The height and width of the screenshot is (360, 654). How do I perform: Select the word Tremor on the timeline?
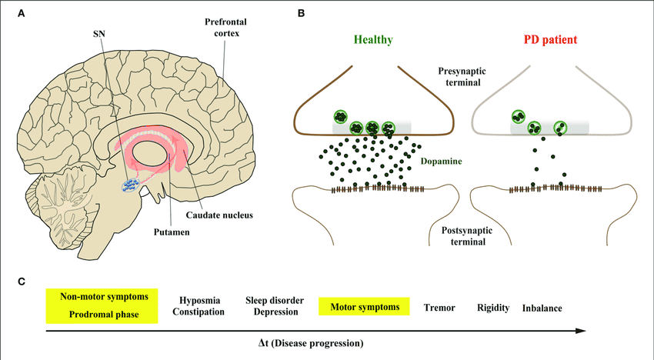[x=439, y=308]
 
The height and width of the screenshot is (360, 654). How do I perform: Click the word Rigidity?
[x=493, y=308]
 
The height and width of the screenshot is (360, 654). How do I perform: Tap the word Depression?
[x=275, y=312]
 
